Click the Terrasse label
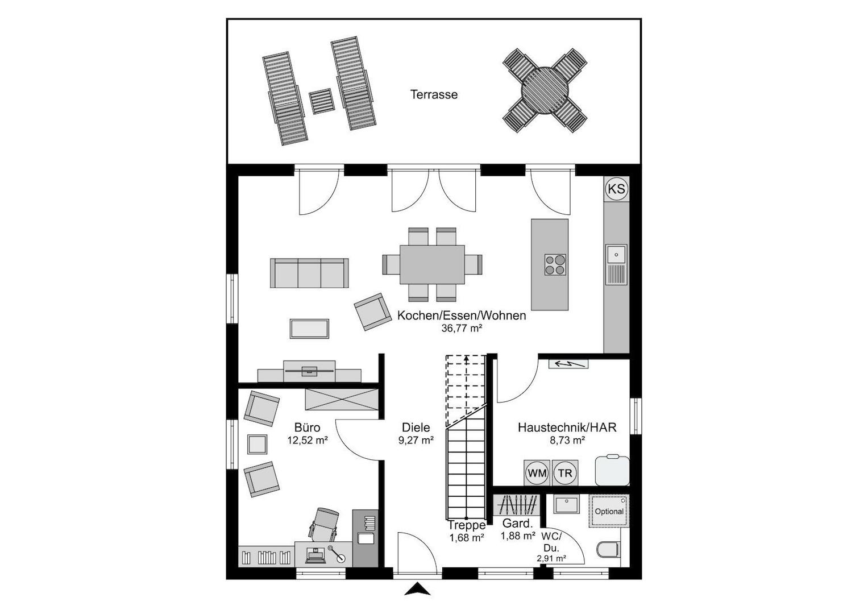coord(434,94)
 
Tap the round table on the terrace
coord(545,91)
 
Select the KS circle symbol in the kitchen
coord(617,189)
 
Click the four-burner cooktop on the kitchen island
coord(555,265)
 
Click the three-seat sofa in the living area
coord(309,273)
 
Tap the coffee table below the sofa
coord(309,329)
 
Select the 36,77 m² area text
coord(462,329)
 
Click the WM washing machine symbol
coord(537,473)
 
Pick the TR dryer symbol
coord(565,473)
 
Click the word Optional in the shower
coord(609,511)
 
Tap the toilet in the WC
coord(608,550)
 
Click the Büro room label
coord(308,428)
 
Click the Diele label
coord(416,428)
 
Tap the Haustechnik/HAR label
coord(567,428)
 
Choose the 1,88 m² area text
coord(518,536)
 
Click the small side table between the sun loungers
coord(321,101)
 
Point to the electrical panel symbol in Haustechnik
coord(568,364)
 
